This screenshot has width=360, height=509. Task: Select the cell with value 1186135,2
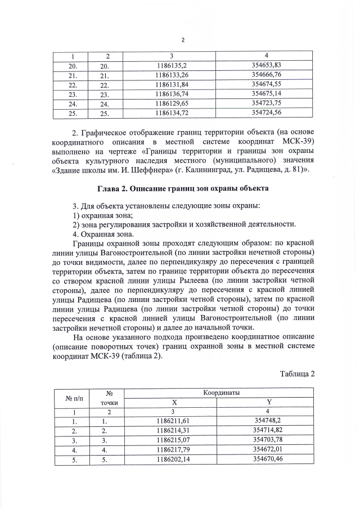pos(172,65)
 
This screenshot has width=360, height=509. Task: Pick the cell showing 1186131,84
pos(172,84)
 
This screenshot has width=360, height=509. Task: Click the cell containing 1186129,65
pos(172,103)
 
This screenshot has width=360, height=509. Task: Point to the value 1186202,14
pos(172,460)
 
